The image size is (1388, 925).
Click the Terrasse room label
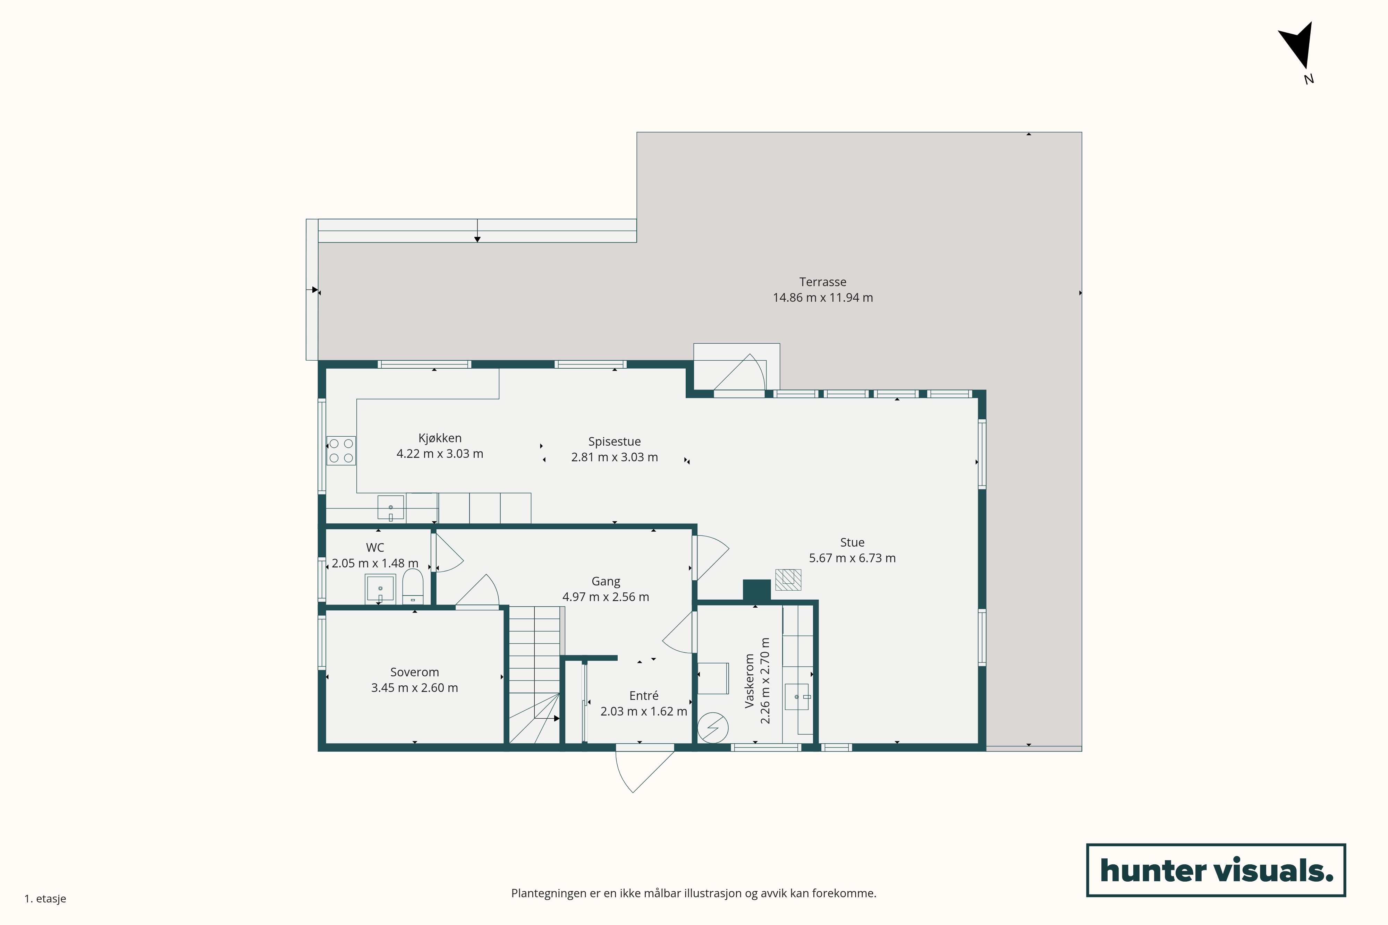(823, 282)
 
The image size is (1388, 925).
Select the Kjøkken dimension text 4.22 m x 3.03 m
(440, 454)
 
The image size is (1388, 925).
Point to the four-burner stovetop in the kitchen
(341, 451)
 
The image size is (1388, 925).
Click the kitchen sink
(391, 507)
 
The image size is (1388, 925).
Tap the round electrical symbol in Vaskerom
(713, 728)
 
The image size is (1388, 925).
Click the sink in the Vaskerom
(797, 697)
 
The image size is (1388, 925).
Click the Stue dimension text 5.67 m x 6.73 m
(852, 558)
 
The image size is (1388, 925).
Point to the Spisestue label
(614, 441)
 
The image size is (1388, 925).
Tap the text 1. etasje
(45, 898)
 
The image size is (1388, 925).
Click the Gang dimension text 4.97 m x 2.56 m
(606, 597)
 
